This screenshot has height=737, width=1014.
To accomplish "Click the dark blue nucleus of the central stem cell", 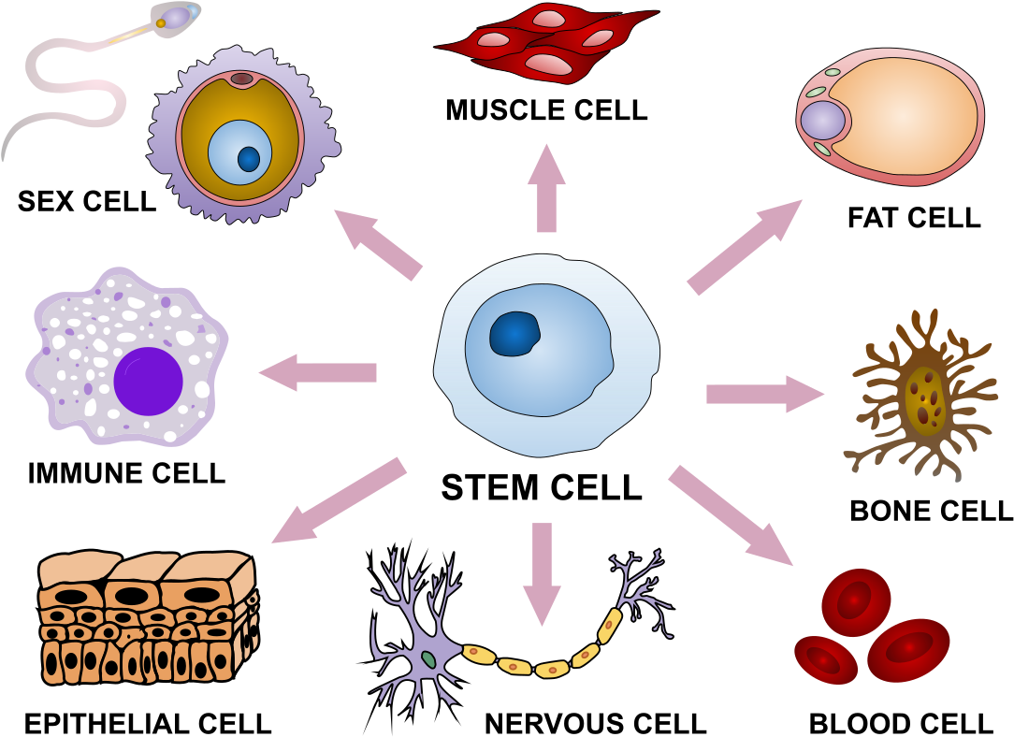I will pos(514,334).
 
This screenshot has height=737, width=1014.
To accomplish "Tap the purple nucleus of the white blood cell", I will pos(148,381).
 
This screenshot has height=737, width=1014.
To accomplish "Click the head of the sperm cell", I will pos(176,16).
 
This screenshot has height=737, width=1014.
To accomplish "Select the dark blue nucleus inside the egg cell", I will pos(249,159).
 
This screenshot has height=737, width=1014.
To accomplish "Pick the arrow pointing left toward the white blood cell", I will pos(318,372).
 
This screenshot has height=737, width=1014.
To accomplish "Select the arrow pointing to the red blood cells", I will pos(731,515).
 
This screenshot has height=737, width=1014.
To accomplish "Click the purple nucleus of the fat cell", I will pos(822,121).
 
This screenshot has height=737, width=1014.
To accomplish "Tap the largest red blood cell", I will pos(908,649).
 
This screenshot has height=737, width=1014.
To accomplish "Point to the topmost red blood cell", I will pos(856,601).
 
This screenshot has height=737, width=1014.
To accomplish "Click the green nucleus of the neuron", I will pos(428,659).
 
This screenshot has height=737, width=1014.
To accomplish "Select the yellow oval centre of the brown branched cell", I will pos(925,400).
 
